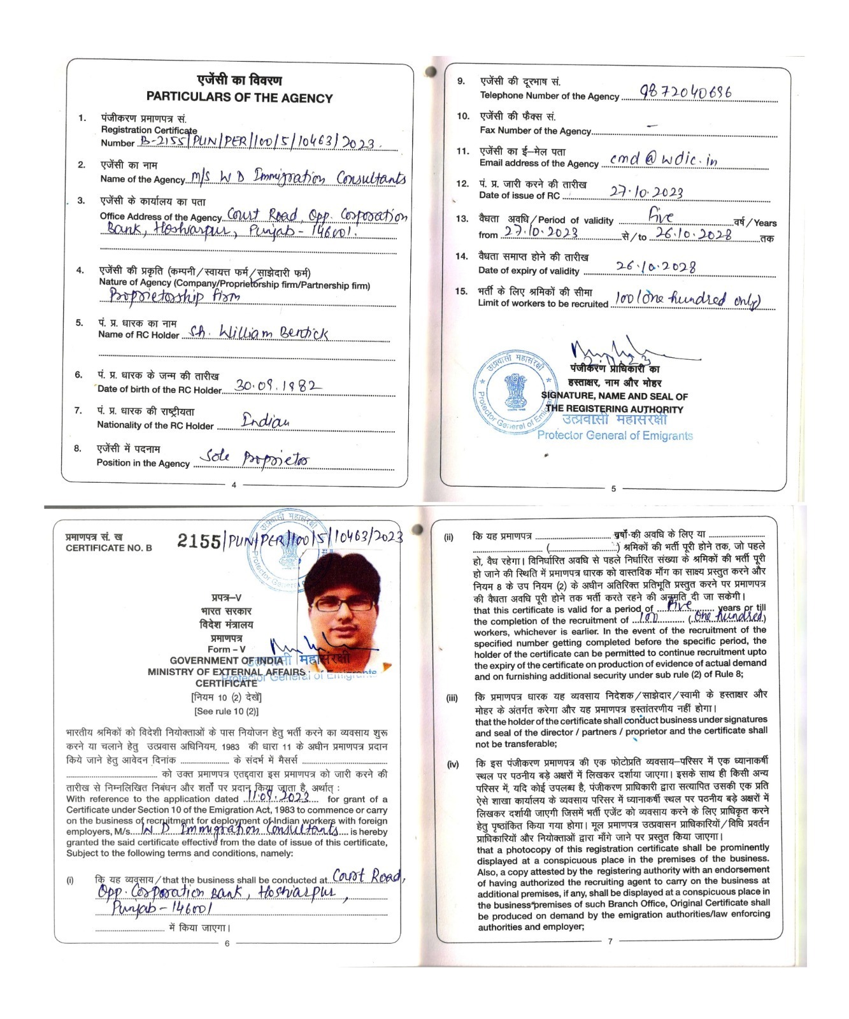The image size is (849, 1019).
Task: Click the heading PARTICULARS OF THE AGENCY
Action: [239, 98]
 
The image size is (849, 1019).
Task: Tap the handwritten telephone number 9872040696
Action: [685, 92]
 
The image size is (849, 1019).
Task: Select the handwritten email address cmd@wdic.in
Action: [663, 160]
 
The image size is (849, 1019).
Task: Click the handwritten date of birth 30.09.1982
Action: [278, 385]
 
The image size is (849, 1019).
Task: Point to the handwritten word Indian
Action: [266, 421]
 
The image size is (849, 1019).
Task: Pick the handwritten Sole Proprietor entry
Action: [254, 458]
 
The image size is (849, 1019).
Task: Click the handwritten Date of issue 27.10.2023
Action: [646, 192]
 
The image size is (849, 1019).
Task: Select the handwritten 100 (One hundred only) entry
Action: [688, 299]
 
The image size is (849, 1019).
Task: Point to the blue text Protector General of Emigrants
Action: [615, 436]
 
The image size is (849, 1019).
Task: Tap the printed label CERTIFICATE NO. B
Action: [109, 548]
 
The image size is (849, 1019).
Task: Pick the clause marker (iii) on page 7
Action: [452, 698]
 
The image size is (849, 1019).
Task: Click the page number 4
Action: [234, 485]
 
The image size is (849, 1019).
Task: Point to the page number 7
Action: [610, 941]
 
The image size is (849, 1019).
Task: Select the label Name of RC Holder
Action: [138, 335]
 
